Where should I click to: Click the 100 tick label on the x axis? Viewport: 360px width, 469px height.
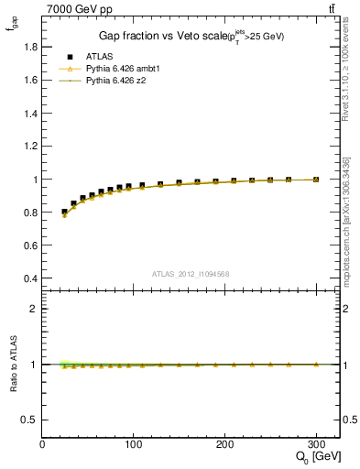(134, 444)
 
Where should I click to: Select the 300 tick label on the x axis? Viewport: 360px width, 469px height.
(316, 444)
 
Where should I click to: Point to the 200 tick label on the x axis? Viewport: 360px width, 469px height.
(225, 444)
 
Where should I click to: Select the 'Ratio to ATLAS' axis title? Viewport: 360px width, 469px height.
(12, 364)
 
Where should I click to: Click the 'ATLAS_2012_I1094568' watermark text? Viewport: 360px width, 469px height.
(191, 274)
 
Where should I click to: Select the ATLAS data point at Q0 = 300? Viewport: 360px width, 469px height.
(316, 180)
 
